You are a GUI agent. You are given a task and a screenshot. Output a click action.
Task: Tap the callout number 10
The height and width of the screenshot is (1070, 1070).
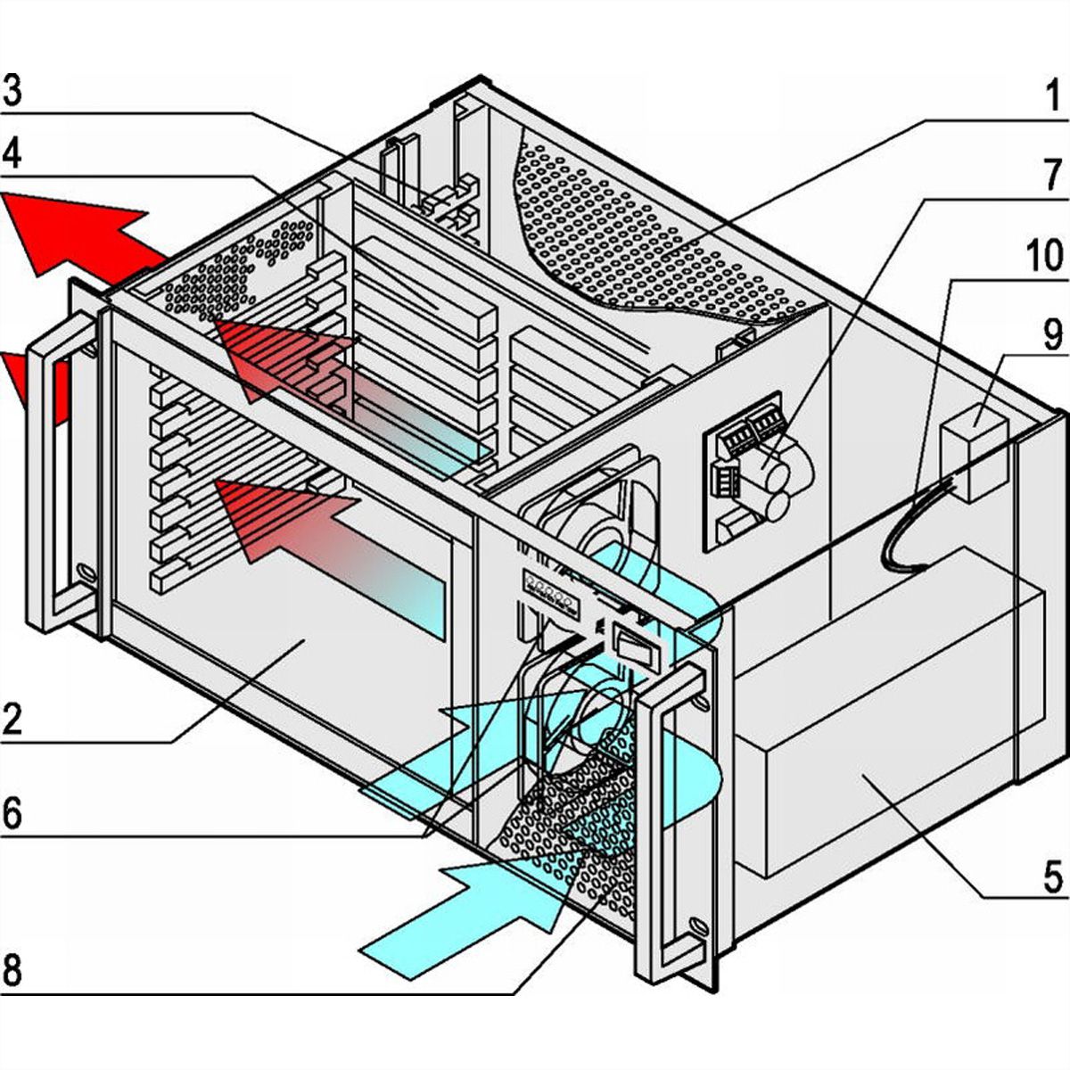tap(1043, 257)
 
